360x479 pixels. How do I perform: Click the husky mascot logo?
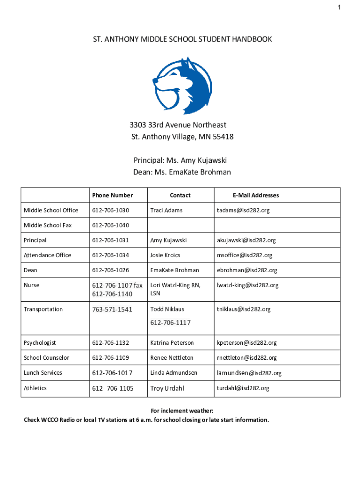(182, 86)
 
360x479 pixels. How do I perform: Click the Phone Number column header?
(112, 195)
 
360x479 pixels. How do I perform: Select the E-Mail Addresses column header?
(255, 195)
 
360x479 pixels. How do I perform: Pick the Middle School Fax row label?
(48, 225)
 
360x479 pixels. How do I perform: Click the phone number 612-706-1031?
(110, 240)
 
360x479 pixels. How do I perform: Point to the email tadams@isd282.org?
(243, 210)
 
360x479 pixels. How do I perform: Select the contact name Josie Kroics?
(165, 255)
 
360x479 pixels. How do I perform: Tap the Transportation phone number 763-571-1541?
(112, 309)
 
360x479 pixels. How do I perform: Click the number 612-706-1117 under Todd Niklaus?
(170, 322)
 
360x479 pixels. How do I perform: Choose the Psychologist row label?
(40, 342)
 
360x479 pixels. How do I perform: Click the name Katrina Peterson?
(172, 342)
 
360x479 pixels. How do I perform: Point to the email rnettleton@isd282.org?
(246, 357)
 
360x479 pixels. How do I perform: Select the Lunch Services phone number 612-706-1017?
(112, 373)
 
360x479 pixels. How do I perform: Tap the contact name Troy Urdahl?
(167, 388)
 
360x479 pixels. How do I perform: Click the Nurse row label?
(31, 285)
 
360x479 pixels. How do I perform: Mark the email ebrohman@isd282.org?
(246, 270)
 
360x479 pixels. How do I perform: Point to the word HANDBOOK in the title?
(250, 40)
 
